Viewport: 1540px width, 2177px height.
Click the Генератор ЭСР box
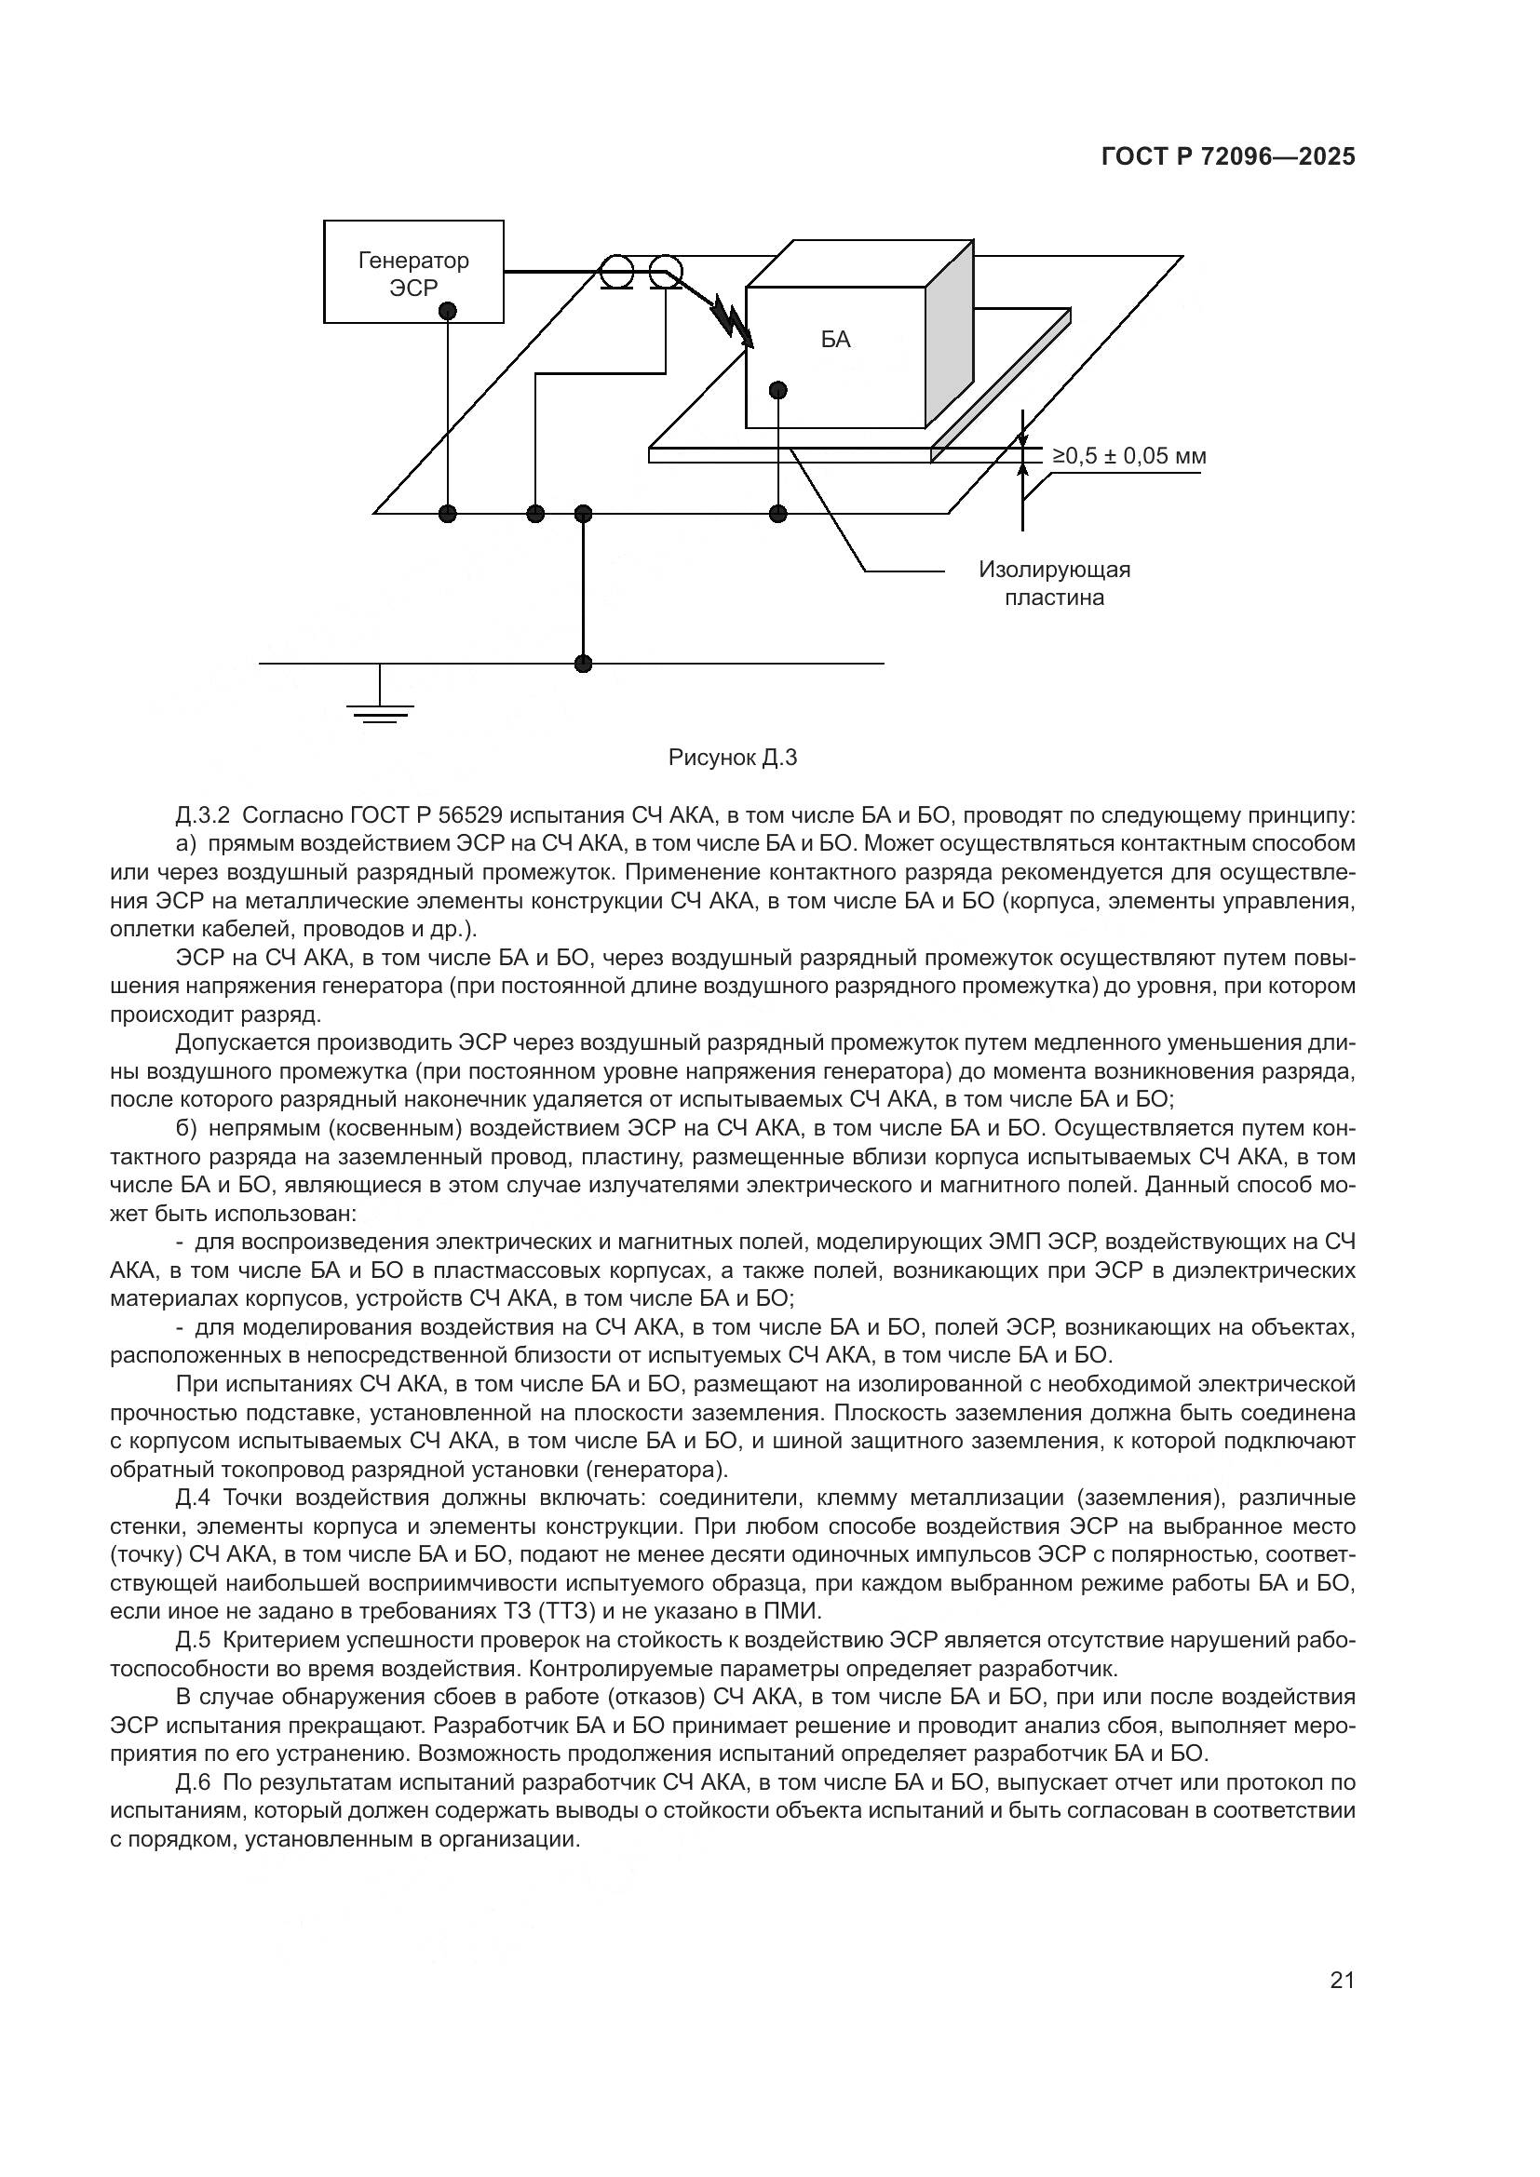point(413,271)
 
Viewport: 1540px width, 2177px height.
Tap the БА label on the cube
point(835,340)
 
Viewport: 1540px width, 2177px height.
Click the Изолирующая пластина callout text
point(1055,584)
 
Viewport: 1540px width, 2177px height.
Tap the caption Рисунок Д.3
point(732,758)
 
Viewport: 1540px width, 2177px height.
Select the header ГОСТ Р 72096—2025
point(1228,157)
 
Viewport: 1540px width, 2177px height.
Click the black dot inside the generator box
point(449,310)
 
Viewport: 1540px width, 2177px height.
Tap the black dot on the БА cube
point(778,390)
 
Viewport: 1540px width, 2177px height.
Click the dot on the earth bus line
point(583,664)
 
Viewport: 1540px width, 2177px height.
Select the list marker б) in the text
point(186,1128)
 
